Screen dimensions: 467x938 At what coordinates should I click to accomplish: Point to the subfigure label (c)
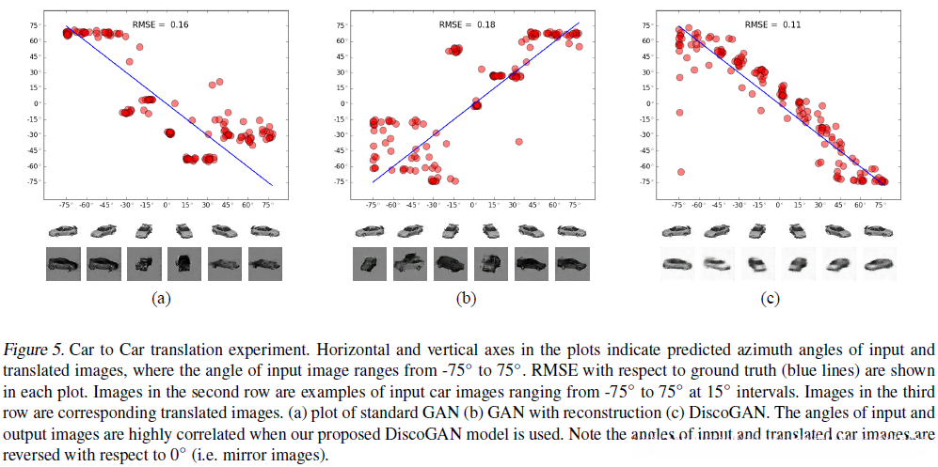tap(772, 300)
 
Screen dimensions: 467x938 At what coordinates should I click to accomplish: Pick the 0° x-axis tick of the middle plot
tap(473, 203)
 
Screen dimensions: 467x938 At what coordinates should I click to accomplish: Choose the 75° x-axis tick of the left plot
tap(268, 203)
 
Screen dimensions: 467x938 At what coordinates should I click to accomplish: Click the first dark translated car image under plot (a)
tap(65, 263)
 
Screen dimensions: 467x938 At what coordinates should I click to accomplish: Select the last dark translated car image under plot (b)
tap(569, 263)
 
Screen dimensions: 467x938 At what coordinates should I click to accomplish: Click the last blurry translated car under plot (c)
tap(879, 263)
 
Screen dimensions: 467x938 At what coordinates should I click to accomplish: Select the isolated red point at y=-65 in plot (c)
tap(680, 172)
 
